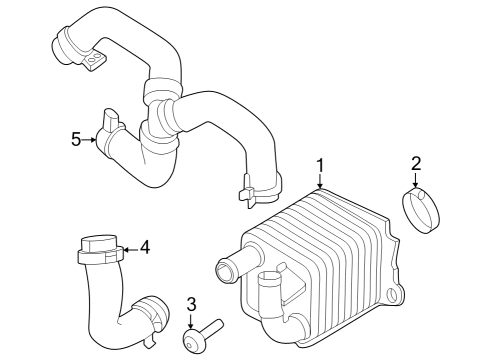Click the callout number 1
click(x=320, y=164)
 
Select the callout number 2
click(x=417, y=162)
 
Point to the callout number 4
click(x=144, y=245)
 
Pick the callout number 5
click(x=76, y=139)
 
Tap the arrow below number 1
click(x=320, y=181)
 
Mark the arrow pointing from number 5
click(x=93, y=140)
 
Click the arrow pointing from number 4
click(x=129, y=246)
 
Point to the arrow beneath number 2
click(x=417, y=181)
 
